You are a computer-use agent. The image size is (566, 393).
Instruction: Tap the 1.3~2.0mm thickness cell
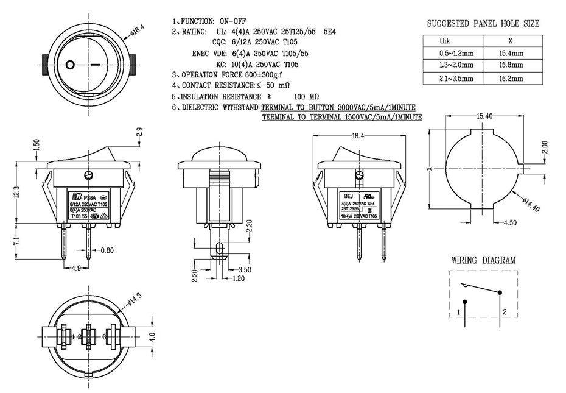coord(452,66)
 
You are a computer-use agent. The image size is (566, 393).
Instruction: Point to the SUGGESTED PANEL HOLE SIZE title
coord(483,24)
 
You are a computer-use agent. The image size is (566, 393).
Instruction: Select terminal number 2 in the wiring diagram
coord(505,313)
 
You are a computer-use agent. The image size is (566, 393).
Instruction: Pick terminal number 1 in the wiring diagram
coord(458,313)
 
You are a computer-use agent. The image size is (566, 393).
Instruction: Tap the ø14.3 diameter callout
coord(135,299)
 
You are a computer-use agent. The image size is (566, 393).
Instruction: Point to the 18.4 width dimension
coord(357,136)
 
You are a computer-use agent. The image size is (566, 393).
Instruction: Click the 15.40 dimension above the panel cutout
coord(484,116)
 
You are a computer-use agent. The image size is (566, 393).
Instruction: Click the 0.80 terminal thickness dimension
coord(107,250)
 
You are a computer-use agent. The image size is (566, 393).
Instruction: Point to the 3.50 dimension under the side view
coord(245,269)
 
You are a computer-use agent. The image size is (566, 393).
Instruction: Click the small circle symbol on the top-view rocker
coord(70,63)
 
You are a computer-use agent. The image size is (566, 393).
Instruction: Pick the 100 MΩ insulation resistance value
coord(306,97)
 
